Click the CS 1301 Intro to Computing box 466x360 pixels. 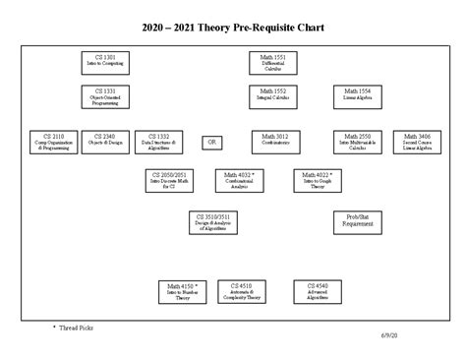pos(104,64)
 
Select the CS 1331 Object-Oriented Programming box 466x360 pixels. pos(104,96)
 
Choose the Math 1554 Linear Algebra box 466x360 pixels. pos(358,96)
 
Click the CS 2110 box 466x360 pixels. pos(51,142)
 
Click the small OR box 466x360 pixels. pos(212,142)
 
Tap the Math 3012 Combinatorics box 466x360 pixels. pos(275,142)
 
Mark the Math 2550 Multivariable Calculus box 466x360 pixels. pos(358,142)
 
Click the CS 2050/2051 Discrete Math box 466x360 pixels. pos(168,180)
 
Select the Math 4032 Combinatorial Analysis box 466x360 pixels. pos(240,180)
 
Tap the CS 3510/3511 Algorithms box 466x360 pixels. pos(213,222)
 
